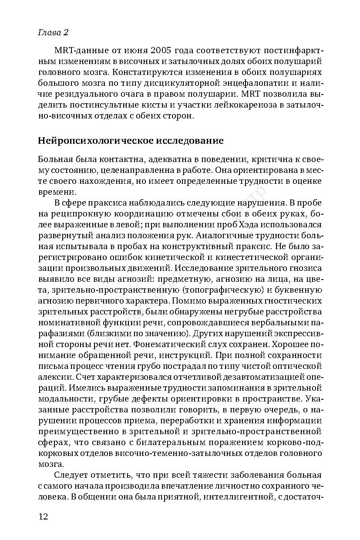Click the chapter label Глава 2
tap(54, 33)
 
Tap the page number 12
tap(43, 516)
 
